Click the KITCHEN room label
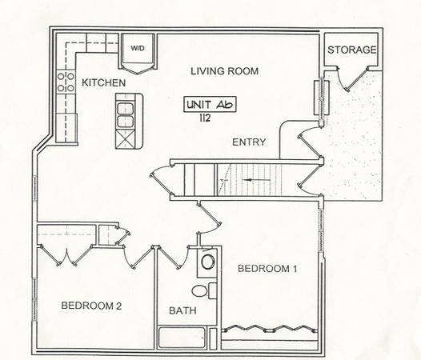[103, 82]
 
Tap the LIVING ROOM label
[224, 71]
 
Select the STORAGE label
[352, 50]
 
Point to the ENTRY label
[249, 142]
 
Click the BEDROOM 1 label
[267, 269]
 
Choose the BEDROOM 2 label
[91, 306]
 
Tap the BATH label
[182, 310]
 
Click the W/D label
[138, 48]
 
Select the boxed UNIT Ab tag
[210, 104]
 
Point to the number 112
[205, 118]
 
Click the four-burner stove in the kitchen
[66, 82]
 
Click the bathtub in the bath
[182, 337]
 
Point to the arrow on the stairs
[258, 179]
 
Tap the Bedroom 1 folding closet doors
[270, 329]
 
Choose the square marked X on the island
[125, 139]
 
